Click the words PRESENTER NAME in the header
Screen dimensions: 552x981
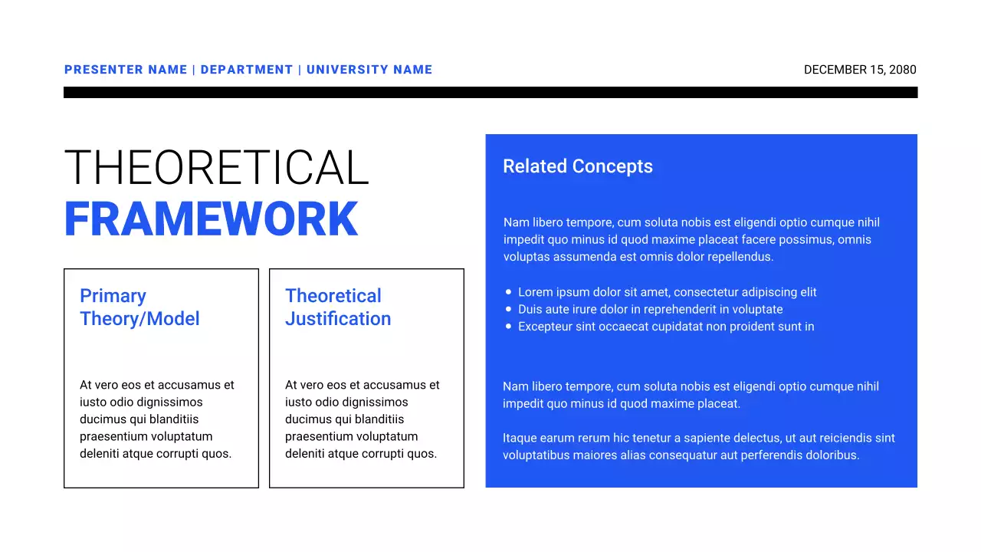pos(126,70)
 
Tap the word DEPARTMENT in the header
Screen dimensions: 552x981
pos(247,70)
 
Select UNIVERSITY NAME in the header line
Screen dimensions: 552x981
pos(369,70)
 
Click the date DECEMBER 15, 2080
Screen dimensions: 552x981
pos(860,70)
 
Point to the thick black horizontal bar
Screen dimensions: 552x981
pos(490,92)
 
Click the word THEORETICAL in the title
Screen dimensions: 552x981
pos(216,168)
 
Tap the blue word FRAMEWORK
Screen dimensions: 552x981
pos(211,219)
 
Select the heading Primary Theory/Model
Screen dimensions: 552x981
pos(139,307)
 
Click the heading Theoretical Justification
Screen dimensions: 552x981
pos(337,307)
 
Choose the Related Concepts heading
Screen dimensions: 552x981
pos(577,166)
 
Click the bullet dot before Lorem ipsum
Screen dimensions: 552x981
pos(509,292)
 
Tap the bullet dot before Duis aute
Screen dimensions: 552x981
pos(509,309)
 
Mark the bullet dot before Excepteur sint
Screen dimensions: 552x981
pos(509,327)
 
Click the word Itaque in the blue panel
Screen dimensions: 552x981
pos(520,439)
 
